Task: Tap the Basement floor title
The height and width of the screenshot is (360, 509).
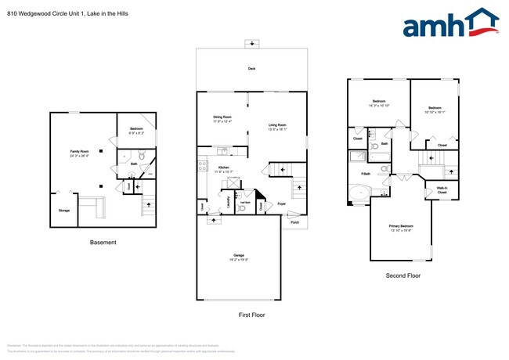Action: tap(103, 243)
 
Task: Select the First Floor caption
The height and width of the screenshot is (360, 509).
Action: tap(251, 315)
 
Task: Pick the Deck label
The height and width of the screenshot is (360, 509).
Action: tap(251, 69)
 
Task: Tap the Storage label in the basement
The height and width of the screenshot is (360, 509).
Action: tap(63, 211)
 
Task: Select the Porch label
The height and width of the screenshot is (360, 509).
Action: tap(294, 221)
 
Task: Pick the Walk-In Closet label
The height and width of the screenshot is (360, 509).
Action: tap(442, 189)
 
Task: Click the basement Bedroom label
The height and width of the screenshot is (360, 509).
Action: tap(136, 128)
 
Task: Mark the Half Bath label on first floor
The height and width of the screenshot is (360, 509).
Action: tap(244, 201)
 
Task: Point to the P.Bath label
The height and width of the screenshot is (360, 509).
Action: tap(365, 173)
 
